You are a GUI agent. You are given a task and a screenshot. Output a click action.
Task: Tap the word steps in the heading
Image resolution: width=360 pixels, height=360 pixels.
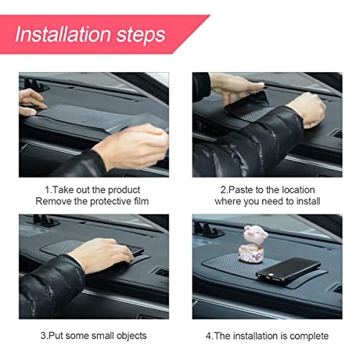[x=141, y=35]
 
